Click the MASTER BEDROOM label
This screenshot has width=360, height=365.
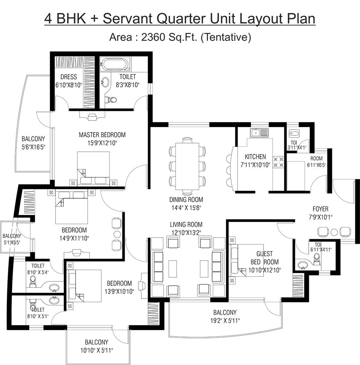[x=102, y=135]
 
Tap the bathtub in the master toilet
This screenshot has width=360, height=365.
[x=115, y=65]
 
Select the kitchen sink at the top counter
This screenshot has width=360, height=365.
[x=259, y=133]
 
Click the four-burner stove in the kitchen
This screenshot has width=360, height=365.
[x=279, y=162]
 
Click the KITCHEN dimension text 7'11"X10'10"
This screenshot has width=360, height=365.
[x=255, y=165]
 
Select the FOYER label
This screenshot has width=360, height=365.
[x=320, y=209]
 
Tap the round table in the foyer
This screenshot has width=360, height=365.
[x=334, y=232]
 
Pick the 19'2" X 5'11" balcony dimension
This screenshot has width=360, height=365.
[x=225, y=321]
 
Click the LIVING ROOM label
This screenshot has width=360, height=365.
[x=186, y=224]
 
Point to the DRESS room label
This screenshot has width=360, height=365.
[x=69, y=77]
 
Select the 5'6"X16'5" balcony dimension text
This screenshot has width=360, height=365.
[x=33, y=147]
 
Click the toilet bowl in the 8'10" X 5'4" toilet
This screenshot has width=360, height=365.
[x=33, y=280]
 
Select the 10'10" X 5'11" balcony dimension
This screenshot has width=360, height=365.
[x=96, y=350]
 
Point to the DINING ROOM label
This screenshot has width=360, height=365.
[x=186, y=200]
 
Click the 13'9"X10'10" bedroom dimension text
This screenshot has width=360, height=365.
[x=119, y=291]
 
